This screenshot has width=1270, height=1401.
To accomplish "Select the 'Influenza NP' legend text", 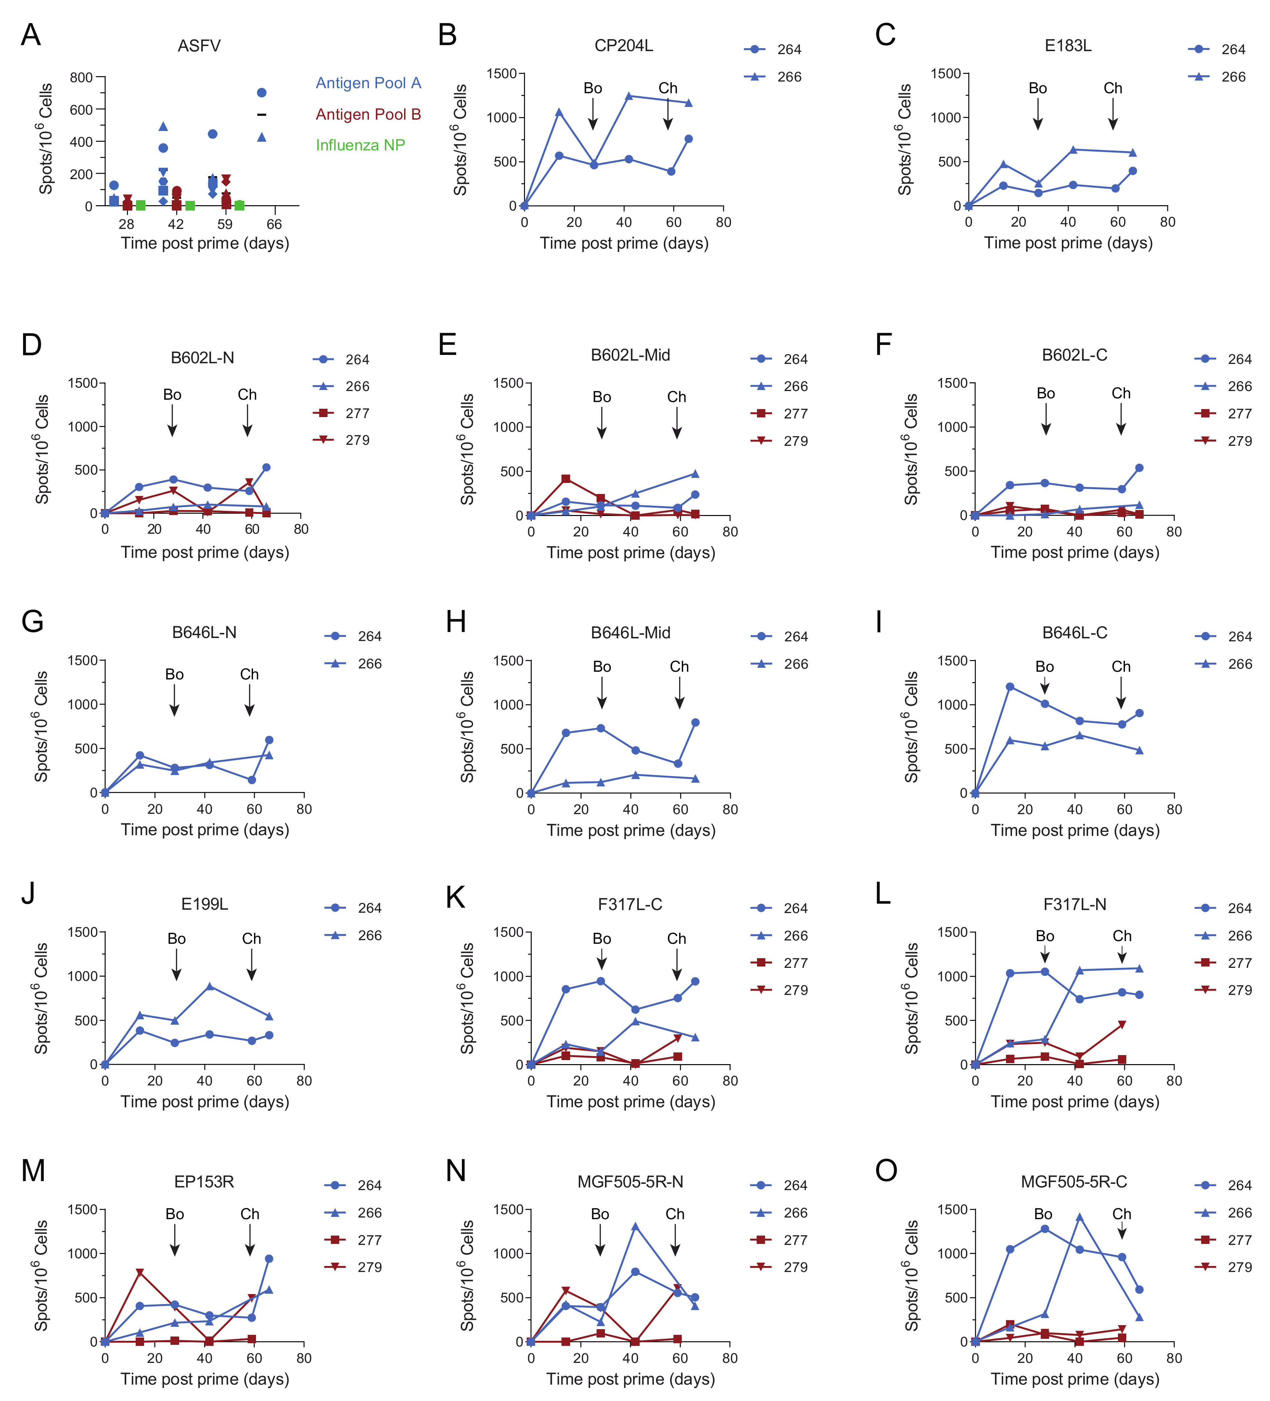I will click(360, 145).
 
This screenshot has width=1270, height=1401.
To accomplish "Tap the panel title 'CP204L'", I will click(624, 46).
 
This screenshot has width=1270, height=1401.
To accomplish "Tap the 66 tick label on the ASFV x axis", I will click(275, 225).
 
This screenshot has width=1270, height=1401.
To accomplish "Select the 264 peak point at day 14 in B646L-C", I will click(1010, 686).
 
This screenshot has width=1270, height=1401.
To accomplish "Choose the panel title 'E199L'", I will click(204, 904).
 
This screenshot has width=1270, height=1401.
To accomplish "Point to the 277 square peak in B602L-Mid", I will click(566, 479).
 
